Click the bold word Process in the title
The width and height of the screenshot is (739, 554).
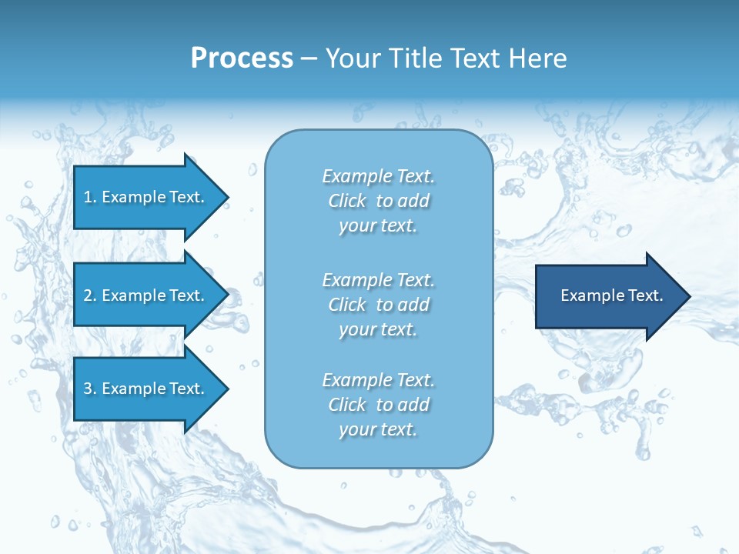pyautogui.click(x=242, y=58)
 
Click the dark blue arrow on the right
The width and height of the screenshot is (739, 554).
pyautogui.click(x=608, y=296)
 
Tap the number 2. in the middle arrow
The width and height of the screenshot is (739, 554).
pyautogui.click(x=90, y=295)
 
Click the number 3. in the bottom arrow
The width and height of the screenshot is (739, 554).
pyautogui.click(x=90, y=389)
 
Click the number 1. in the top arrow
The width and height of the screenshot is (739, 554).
pyautogui.click(x=90, y=197)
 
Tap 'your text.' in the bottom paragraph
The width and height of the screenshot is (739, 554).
pyautogui.click(x=378, y=429)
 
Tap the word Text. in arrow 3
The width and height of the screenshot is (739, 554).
pyautogui.click(x=186, y=389)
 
